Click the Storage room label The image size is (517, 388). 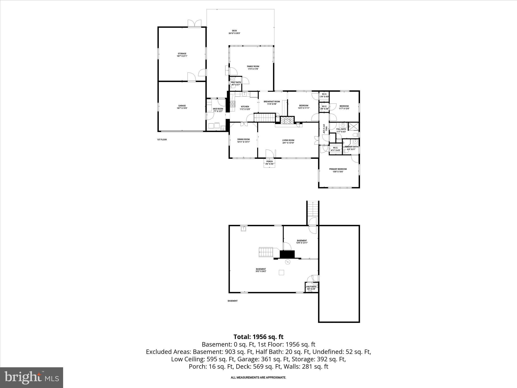tap(182, 55)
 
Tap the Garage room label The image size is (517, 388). tap(182, 107)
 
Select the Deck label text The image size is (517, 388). tap(235, 32)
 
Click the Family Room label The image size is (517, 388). tap(253, 68)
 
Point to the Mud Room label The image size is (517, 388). tap(218, 110)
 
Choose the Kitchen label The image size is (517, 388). tap(245, 108)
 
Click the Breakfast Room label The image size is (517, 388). tap(272, 103)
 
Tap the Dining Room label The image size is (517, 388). tap(243, 140)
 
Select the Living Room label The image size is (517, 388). tap(288, 141)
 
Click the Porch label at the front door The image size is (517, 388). tap(269, 162)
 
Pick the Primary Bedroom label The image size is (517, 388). tap(338, 171)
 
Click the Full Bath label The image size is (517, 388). tap(341, 130)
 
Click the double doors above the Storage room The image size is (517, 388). tap(194, 23)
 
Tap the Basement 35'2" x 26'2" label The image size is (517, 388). tap(261, 270)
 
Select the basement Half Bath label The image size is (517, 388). tap(311, 288)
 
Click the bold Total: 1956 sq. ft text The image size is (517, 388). tap(258, 337)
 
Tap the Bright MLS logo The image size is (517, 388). tap(32, 377)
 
